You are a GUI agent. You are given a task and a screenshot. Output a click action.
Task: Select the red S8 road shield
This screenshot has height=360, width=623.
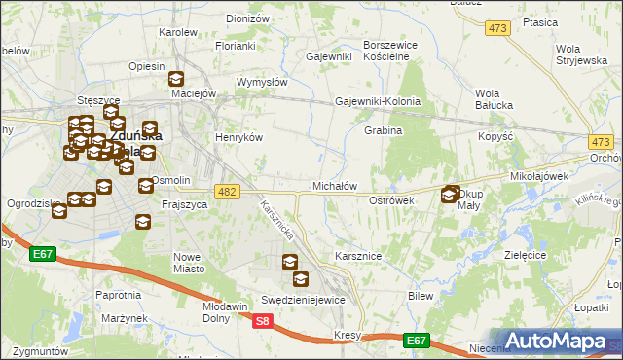(x=262, y=320)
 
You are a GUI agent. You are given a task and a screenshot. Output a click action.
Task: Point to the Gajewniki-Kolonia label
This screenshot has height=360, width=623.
(x=378, y=101)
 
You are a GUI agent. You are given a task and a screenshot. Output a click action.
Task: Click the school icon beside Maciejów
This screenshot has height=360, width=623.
(x=176, y=80)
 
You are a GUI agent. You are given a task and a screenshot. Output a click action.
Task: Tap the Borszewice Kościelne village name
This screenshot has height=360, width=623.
(x=390, y=51)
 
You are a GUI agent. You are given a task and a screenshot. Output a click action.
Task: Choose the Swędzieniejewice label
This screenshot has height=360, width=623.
(x=303, y=300)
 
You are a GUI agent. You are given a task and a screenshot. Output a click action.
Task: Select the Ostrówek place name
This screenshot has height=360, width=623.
(x=392, y=199)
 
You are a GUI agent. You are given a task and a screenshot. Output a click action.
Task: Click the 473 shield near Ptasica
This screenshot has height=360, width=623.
(x=498, y=28)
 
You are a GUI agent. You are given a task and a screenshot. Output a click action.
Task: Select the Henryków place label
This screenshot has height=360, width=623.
(x=239, y=138)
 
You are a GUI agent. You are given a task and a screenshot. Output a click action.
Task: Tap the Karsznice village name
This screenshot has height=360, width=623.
(x=357, y=255)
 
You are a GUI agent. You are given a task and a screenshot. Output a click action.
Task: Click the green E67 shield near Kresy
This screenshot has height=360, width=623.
(x=417, y=340)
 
